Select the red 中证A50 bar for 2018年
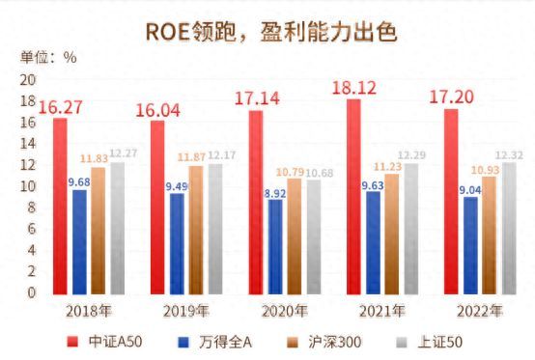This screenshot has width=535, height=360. click(60, 205)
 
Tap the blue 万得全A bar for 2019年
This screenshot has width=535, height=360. click(176, 242)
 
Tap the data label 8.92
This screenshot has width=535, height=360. click(274, 190)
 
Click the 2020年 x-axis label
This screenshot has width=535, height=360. click(285, 311)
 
